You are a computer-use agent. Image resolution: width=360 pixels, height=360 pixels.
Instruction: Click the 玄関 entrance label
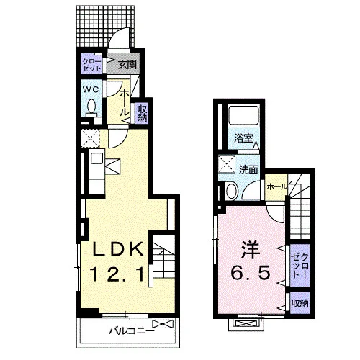coord(127,65)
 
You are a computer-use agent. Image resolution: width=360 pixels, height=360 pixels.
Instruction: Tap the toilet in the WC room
coord(91,107)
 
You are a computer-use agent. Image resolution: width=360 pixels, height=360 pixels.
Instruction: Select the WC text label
coord(91,90)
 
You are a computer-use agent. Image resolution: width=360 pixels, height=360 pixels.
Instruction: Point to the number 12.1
coord(117,274)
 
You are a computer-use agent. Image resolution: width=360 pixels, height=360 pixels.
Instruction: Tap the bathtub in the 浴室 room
coord(243,115)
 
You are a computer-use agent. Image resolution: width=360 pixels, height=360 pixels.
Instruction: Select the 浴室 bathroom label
coord(243,138)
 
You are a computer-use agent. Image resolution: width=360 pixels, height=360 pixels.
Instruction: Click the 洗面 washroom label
coord(248,170)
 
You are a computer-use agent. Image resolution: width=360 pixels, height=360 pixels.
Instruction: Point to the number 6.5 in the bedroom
coord(251,273)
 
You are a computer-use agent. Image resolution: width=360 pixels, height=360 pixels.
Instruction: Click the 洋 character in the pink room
coord(251,249)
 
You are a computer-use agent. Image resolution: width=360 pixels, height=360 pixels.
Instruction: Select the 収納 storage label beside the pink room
coord(300,304)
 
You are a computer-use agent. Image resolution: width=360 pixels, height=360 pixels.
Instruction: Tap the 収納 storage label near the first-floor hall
coord(142,113)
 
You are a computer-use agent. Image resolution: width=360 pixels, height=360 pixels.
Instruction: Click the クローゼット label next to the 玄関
coord(91,65)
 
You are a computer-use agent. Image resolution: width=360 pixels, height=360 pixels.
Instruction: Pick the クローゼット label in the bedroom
coord(300,265)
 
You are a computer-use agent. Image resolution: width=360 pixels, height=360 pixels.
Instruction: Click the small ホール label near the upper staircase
coord(276,186)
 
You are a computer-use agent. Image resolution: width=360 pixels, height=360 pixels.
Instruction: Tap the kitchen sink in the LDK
coord(97,159)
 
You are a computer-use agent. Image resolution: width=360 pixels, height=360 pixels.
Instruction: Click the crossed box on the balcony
coord(163,324)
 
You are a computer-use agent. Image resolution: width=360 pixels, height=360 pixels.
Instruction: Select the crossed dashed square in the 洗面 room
coord(227,164)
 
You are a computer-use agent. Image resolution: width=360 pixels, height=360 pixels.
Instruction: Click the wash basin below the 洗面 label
coord(232,191)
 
